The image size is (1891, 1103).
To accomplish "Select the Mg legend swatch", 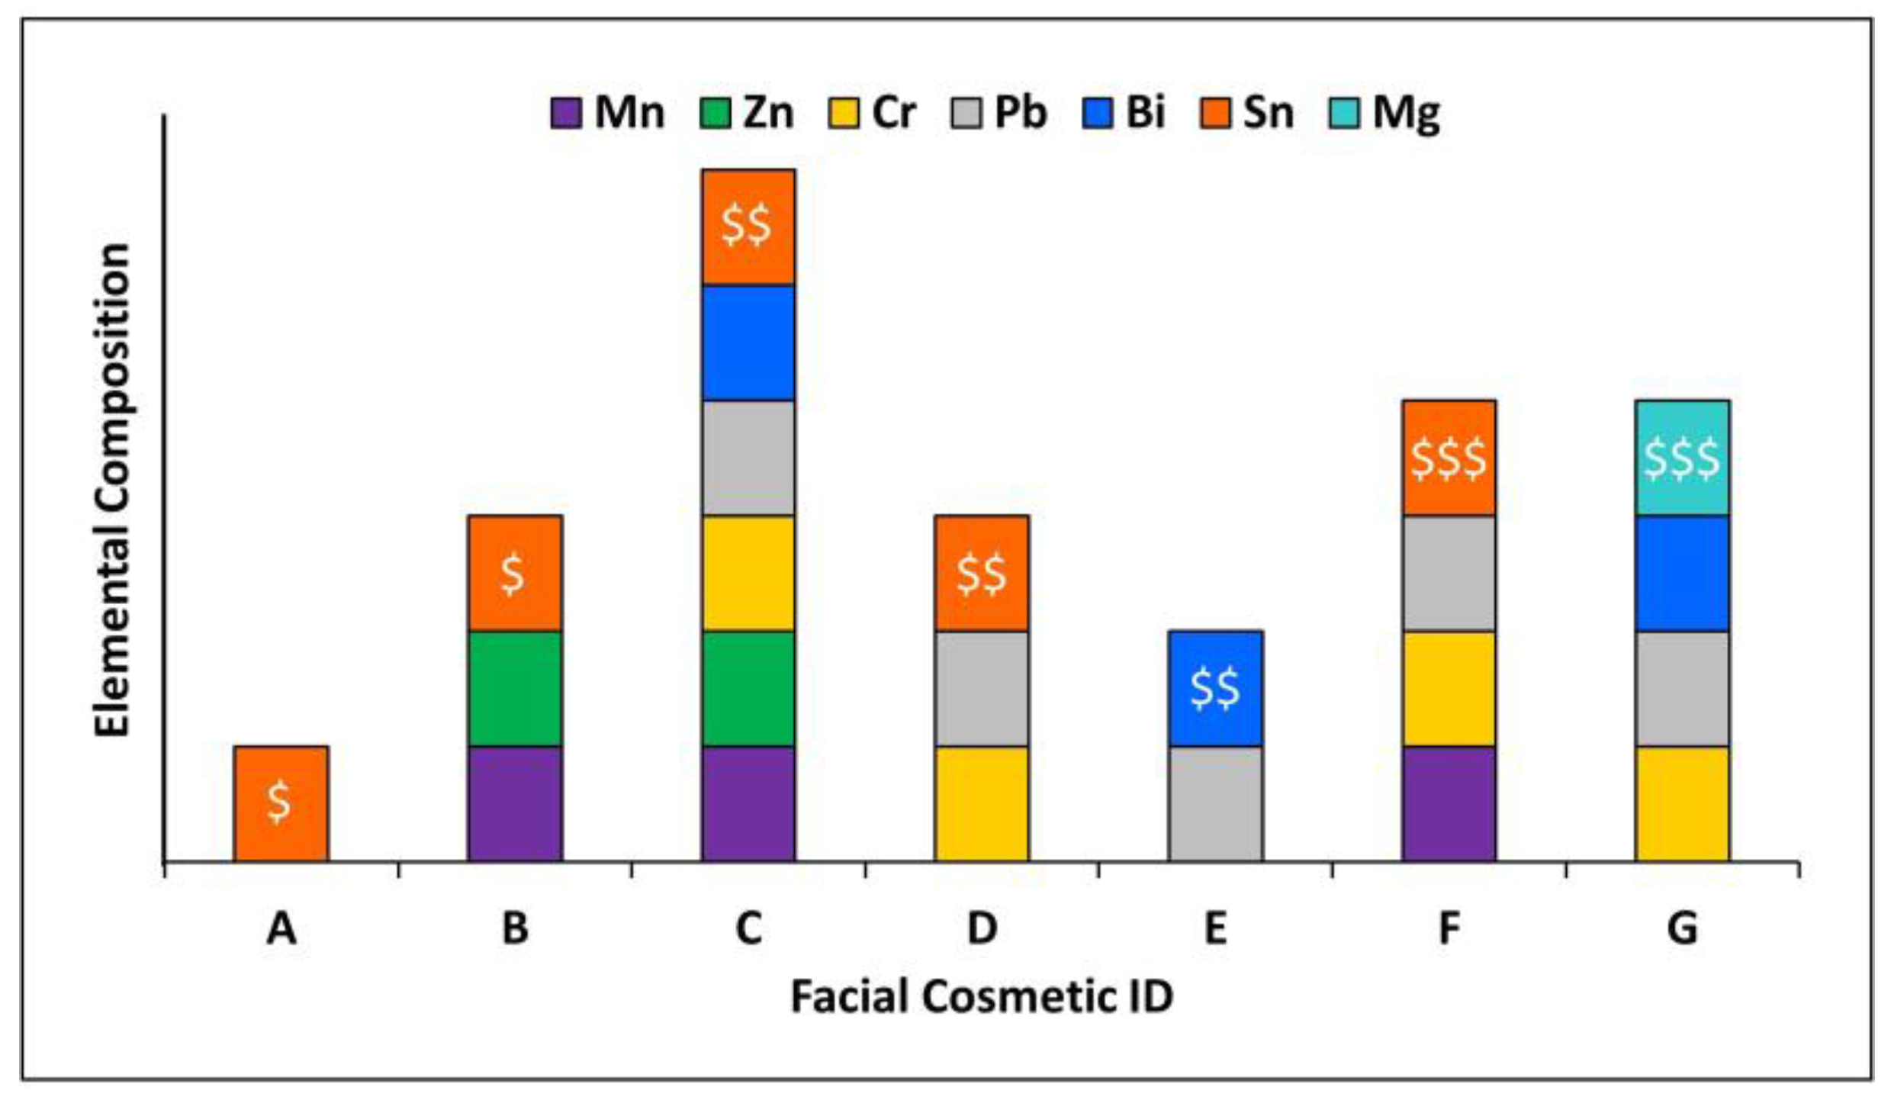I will [1343, 113].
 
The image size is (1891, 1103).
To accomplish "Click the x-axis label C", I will [748, 929].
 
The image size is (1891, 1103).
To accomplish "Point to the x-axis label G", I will [1682, 929].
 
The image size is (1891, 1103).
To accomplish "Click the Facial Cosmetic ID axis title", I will [982, 996].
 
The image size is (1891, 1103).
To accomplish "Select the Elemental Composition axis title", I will [113, 490].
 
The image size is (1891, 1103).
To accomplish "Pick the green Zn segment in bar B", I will [515, 688].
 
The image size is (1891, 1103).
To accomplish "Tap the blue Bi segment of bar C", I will [748, 342].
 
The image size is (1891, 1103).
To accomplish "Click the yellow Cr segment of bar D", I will [982, 804].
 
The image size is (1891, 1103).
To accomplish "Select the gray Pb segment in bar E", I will [1215, 804].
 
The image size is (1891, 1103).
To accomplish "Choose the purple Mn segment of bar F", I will [1449, 804].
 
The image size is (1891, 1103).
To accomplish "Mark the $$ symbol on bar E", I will [1215, 688].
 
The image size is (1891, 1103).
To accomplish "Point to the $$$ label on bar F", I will [1449, 458].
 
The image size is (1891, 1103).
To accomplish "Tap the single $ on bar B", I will [513, 574].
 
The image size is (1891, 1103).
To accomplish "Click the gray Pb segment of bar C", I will [748, 458].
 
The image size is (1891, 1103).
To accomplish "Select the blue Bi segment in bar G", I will [1682, 574].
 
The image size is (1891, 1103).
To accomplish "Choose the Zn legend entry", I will [748, 113].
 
